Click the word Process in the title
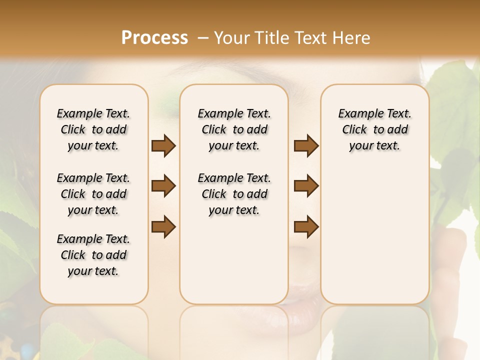(x=154, y=38)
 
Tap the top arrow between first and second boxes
(x=163, y=145)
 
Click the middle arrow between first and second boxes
(x=163, y=186)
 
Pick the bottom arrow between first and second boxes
(x=163, y=227)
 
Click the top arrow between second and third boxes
(x=306, y=145)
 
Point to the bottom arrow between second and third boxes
(x=306, y=227)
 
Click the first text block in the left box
(x=93, y=129)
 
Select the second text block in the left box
(x=93, y=194)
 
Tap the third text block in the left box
(x=93, y=255)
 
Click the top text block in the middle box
(x=234, y=129)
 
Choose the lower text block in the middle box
(x=234, y=194)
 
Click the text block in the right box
(x=374, y=129)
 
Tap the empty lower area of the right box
(x=374, y=240)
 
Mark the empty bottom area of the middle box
(x=234, y=265)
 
